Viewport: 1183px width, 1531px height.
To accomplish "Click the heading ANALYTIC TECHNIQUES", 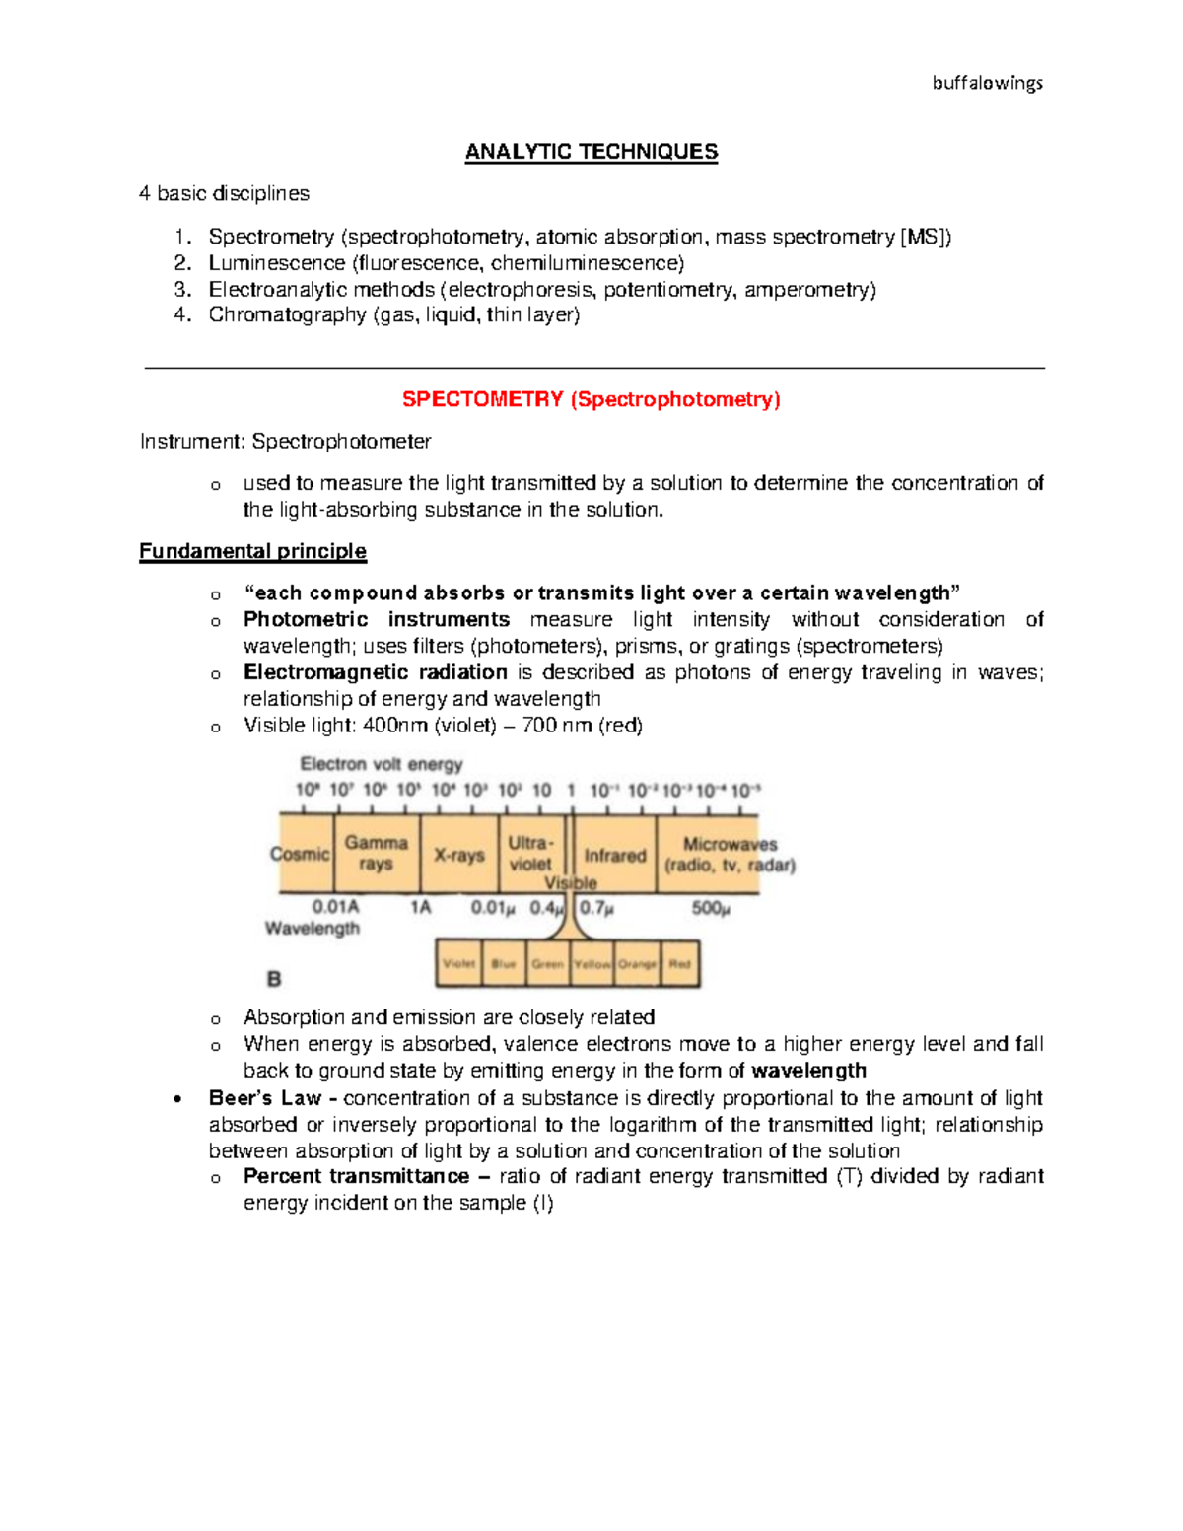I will [x=591, y=152].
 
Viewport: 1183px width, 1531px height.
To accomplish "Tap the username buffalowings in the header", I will [x=987, y=83].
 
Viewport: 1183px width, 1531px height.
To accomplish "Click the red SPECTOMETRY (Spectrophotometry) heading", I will [x=591, y=399].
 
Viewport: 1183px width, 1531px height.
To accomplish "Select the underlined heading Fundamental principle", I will [x=252, y=551].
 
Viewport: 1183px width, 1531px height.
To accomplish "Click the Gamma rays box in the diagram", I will [x=376, y=853].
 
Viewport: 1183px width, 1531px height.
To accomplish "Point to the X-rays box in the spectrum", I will [x=458, y=855].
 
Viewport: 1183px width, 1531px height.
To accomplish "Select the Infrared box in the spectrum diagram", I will [x=614, y=855].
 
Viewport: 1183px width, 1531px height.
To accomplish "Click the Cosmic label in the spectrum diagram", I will [x=300, y=854].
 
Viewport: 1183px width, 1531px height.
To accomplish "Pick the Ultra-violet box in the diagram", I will [x=530, y=853].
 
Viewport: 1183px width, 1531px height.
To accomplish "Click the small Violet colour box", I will [x=458, y=963].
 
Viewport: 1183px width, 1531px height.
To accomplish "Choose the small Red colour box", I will [x=679, y=963].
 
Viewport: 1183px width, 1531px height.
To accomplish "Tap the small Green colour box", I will [x=547, y=963].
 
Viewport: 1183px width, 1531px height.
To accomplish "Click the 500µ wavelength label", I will [x=711, y=907].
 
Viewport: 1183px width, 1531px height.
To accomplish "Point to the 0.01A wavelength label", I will [x=335, y=906].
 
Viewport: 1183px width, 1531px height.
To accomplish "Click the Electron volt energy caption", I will [x=381, y=764].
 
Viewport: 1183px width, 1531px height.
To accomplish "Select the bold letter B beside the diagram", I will [x=274, y=979].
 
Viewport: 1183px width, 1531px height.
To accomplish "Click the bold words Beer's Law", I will [x=264, y=1098].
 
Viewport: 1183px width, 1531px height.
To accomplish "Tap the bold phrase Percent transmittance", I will [x=356, y=1176].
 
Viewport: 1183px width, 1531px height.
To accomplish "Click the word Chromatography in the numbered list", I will [x=287, y=314].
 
